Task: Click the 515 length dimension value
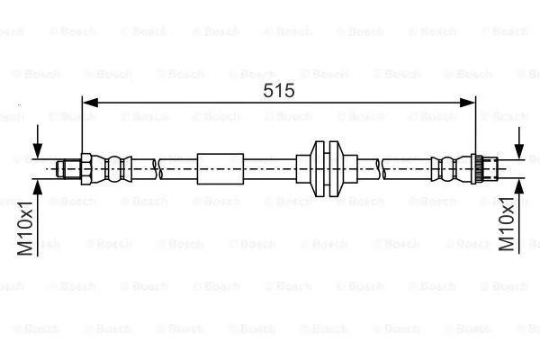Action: [x=279, y=90]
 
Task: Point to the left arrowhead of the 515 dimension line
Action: [x=88, y=104]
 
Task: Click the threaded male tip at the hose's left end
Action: [x=66, y=167]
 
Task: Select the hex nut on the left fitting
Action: [x=82, y=167]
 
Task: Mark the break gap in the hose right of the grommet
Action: [x=382, y=167]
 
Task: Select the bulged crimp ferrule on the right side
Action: [x=445, y=167]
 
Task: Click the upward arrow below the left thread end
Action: [x=37, y=186]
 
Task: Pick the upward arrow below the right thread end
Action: [x=518, y=186]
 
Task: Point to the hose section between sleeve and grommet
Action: [x=270, y=167]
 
